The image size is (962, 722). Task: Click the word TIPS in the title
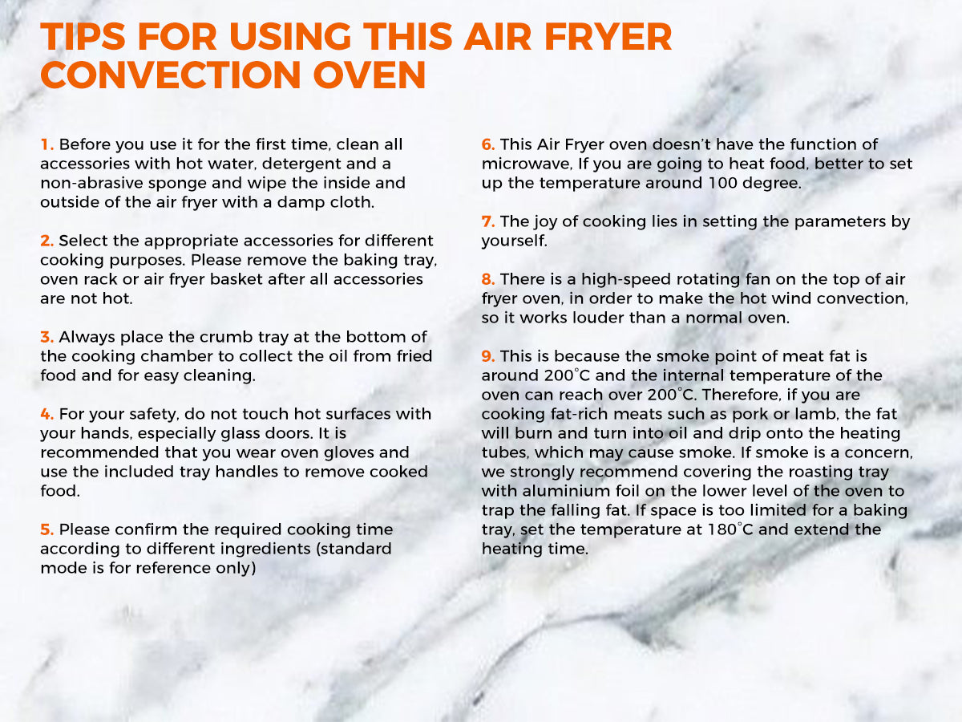tap(83, 36)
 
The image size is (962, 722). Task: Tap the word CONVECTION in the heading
tap(171, 74)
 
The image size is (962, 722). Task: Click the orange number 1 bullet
tap(46, 144)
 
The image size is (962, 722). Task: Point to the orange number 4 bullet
tap(46, 414)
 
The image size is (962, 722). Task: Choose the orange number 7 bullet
tap(488, 221)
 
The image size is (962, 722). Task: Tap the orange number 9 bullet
tap(488, 356)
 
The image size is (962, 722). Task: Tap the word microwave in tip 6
tap(527, 164)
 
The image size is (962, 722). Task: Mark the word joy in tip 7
tap(545, 222)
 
